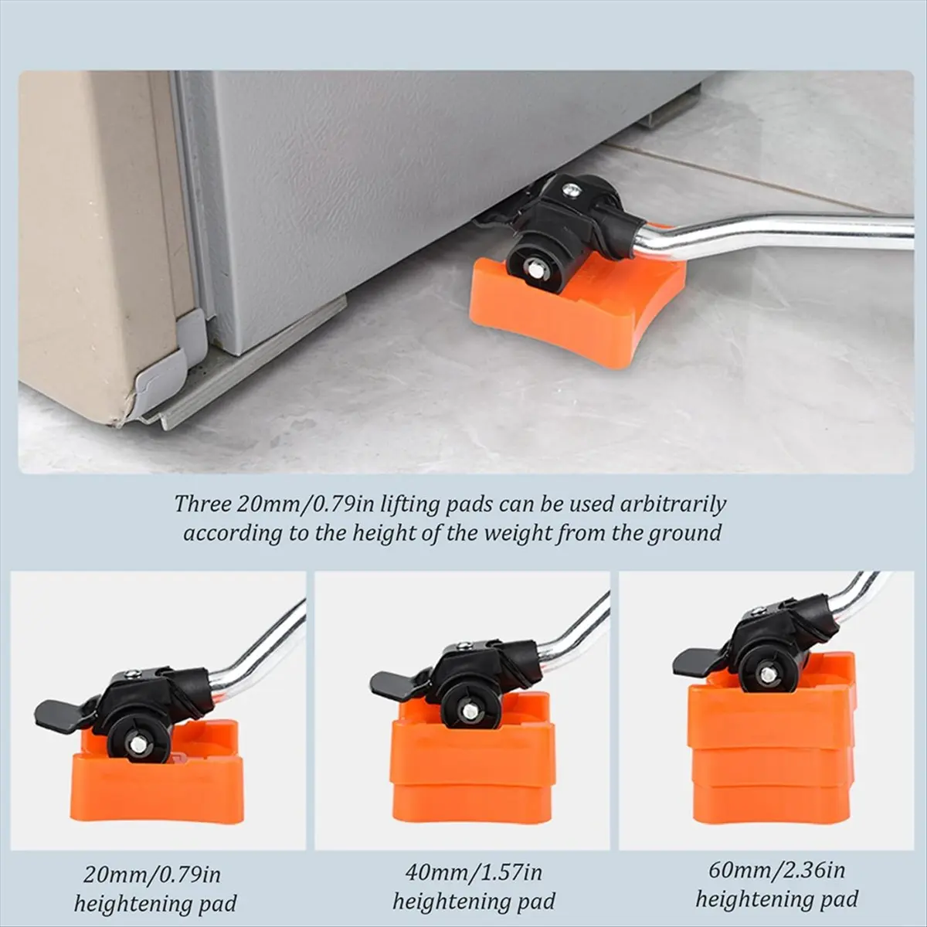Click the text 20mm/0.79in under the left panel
tap(152, 875)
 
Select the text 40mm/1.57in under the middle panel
tap(474, 873)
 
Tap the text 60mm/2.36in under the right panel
tap(777, 871)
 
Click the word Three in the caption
tap(202, 504)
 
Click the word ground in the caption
tap(684, 533)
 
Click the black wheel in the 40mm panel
tap(470, 705)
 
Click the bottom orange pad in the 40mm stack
tap(471, 803)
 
